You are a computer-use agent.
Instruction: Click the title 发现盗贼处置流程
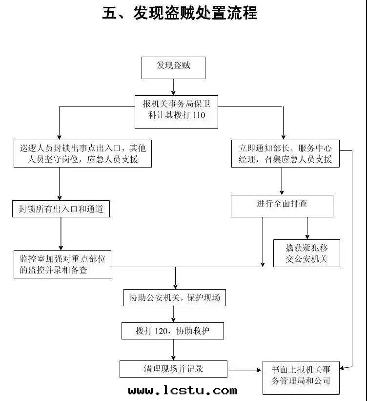coord(195,13)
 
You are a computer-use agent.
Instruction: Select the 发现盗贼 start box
coord(173,67)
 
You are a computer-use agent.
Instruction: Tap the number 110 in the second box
coord(199,116)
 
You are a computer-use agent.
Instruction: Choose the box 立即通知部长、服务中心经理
coord(285,153)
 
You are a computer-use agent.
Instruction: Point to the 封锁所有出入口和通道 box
coord(61,210)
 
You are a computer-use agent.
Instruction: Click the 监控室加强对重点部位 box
coord(62,264)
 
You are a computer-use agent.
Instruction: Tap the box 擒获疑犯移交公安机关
coord(306,253)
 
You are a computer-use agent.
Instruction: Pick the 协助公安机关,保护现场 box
coord(174,297)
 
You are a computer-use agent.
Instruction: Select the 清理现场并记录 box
coord(173,369)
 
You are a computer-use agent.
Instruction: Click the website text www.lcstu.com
coord(183,391)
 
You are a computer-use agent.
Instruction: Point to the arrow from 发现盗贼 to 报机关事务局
coord(173,87)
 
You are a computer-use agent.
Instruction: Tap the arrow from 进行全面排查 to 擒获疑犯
coord(307,228)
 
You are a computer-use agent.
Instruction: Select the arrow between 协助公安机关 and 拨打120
coord(174,314)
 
